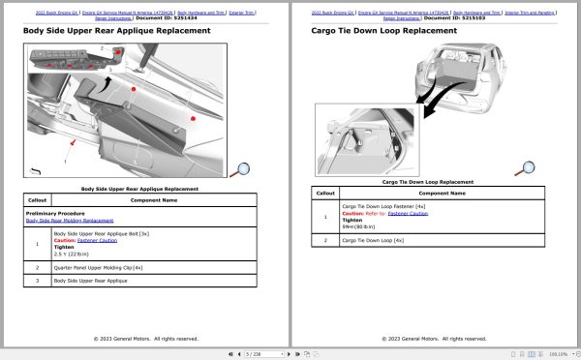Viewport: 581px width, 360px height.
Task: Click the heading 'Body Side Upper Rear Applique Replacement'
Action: [116, 31]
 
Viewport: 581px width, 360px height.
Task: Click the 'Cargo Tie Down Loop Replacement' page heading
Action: [383, 31]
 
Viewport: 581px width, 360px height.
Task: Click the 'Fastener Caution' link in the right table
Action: [408, 213]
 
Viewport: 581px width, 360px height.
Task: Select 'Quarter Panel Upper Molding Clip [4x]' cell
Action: [98, 266]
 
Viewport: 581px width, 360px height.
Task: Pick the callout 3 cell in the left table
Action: [37, 281]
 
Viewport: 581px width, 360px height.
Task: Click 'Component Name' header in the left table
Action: [155, 199]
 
